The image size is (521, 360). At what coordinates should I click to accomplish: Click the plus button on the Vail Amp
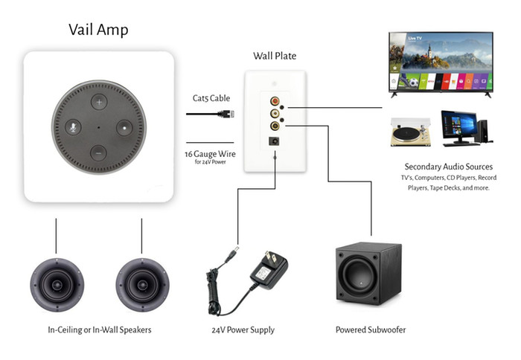98,100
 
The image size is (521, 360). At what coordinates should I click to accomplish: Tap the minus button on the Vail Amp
98,153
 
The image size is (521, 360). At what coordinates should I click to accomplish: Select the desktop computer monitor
459,125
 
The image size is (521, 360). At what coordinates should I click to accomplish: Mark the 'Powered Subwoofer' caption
370,330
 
